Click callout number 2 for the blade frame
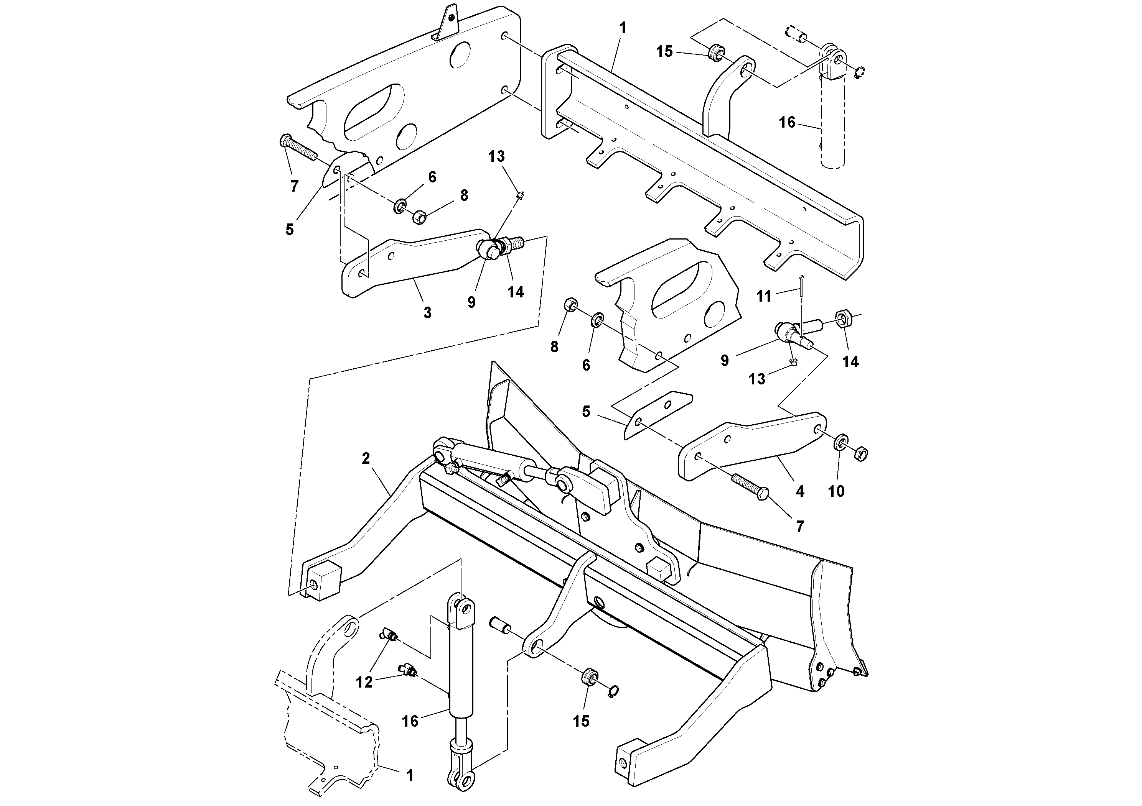tap(366, 459)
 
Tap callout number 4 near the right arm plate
tap(800, 491)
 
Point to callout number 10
tap(836, 491)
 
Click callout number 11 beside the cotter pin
tap(763, 297)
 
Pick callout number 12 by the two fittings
tap(364, 682)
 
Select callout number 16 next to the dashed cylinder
tap(787, 122)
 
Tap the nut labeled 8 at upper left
tap(419, 217)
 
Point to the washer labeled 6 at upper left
tap(399, 206)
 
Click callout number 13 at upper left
tap(496, 156)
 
